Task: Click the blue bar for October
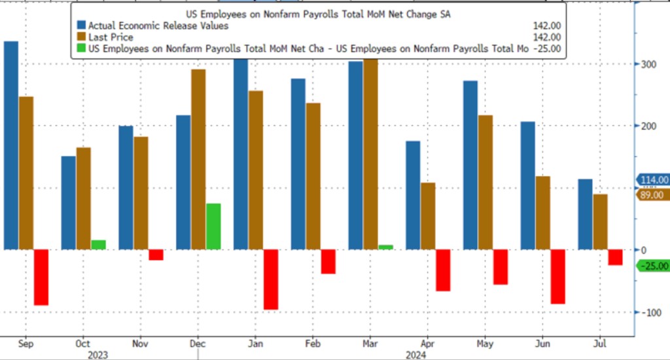point(68,203)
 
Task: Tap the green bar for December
point(213,226)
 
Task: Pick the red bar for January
point(271,279)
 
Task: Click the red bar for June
point(558,276)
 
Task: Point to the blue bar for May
point(470,165)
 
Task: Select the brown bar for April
point(428,216)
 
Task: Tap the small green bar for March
point(386,247)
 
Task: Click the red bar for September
point(41,278)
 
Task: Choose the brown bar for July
point(600,222)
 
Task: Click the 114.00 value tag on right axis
point(653,180)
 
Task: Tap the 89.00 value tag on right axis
point(653,195)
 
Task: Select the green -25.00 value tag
point(653,266)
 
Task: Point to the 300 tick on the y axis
point(647,64)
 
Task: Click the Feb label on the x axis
point(313,342)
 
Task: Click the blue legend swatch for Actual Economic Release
point(82,26)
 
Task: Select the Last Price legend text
point(111,37)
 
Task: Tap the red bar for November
point(156,255)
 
